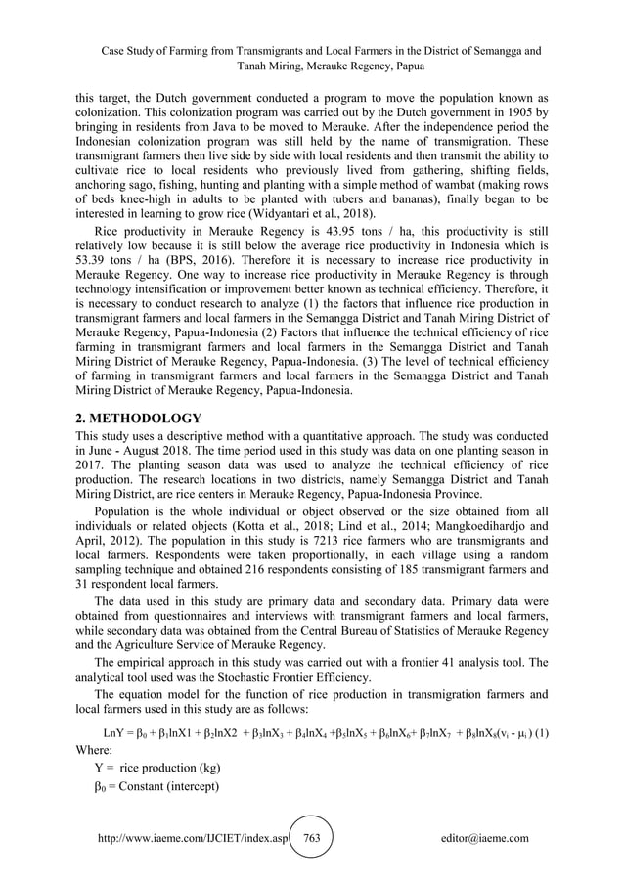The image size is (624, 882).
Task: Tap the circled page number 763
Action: coord(312,838)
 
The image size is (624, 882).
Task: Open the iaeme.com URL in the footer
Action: coord(194,838)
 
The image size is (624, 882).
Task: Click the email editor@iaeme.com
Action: coord(485,838)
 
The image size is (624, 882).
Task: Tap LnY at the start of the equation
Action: coord(113,733)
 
